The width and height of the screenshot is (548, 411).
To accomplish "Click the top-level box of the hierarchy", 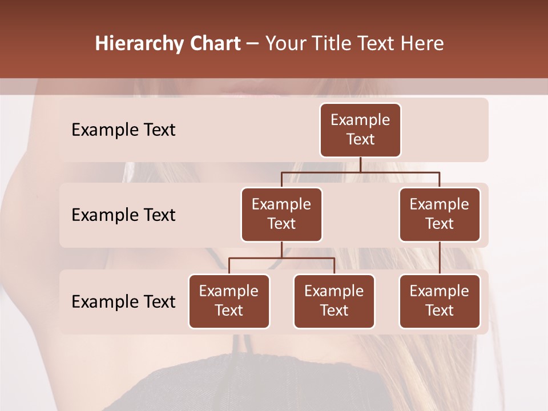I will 360,130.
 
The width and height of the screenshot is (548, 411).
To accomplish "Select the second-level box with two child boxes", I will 281,215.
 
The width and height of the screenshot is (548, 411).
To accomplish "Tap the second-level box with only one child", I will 440,215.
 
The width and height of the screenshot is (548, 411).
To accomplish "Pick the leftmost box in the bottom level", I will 229,301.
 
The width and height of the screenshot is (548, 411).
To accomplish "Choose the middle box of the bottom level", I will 334,301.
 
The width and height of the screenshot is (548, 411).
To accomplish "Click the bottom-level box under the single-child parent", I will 440,301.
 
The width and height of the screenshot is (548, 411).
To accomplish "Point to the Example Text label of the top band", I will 123,130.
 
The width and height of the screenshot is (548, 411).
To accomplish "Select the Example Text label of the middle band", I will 123,215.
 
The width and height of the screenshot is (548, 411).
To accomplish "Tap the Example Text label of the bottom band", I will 123,302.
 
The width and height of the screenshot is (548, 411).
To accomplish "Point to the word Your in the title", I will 285,44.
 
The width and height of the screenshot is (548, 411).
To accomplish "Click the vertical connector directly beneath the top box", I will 360,164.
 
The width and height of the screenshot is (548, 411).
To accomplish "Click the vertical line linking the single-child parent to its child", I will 440,258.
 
